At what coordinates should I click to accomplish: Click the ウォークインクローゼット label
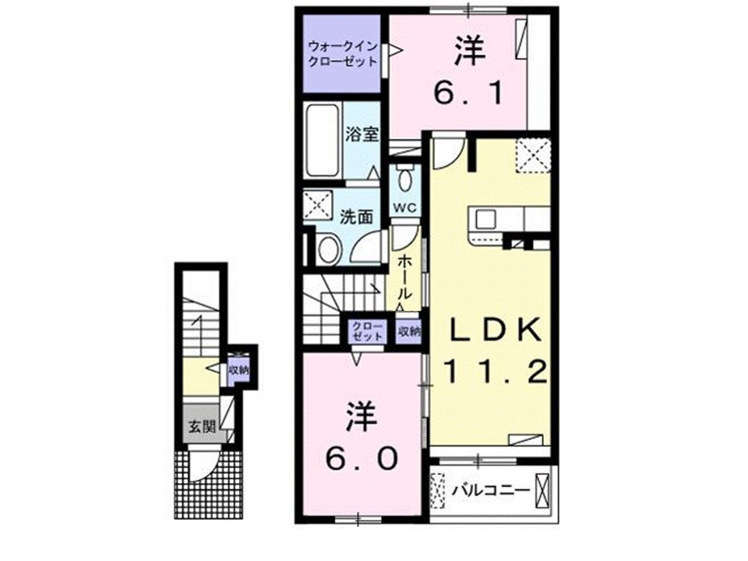click(x=342, y=53)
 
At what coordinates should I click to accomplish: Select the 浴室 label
click(x=362, y=133)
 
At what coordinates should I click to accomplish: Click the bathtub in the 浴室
click(x=321, y=141)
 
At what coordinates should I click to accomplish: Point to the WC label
click(x=405, y=207)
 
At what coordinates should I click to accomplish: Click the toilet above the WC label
click(x=404, y=178)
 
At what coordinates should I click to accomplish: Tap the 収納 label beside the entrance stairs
click(x=238, y=370)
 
